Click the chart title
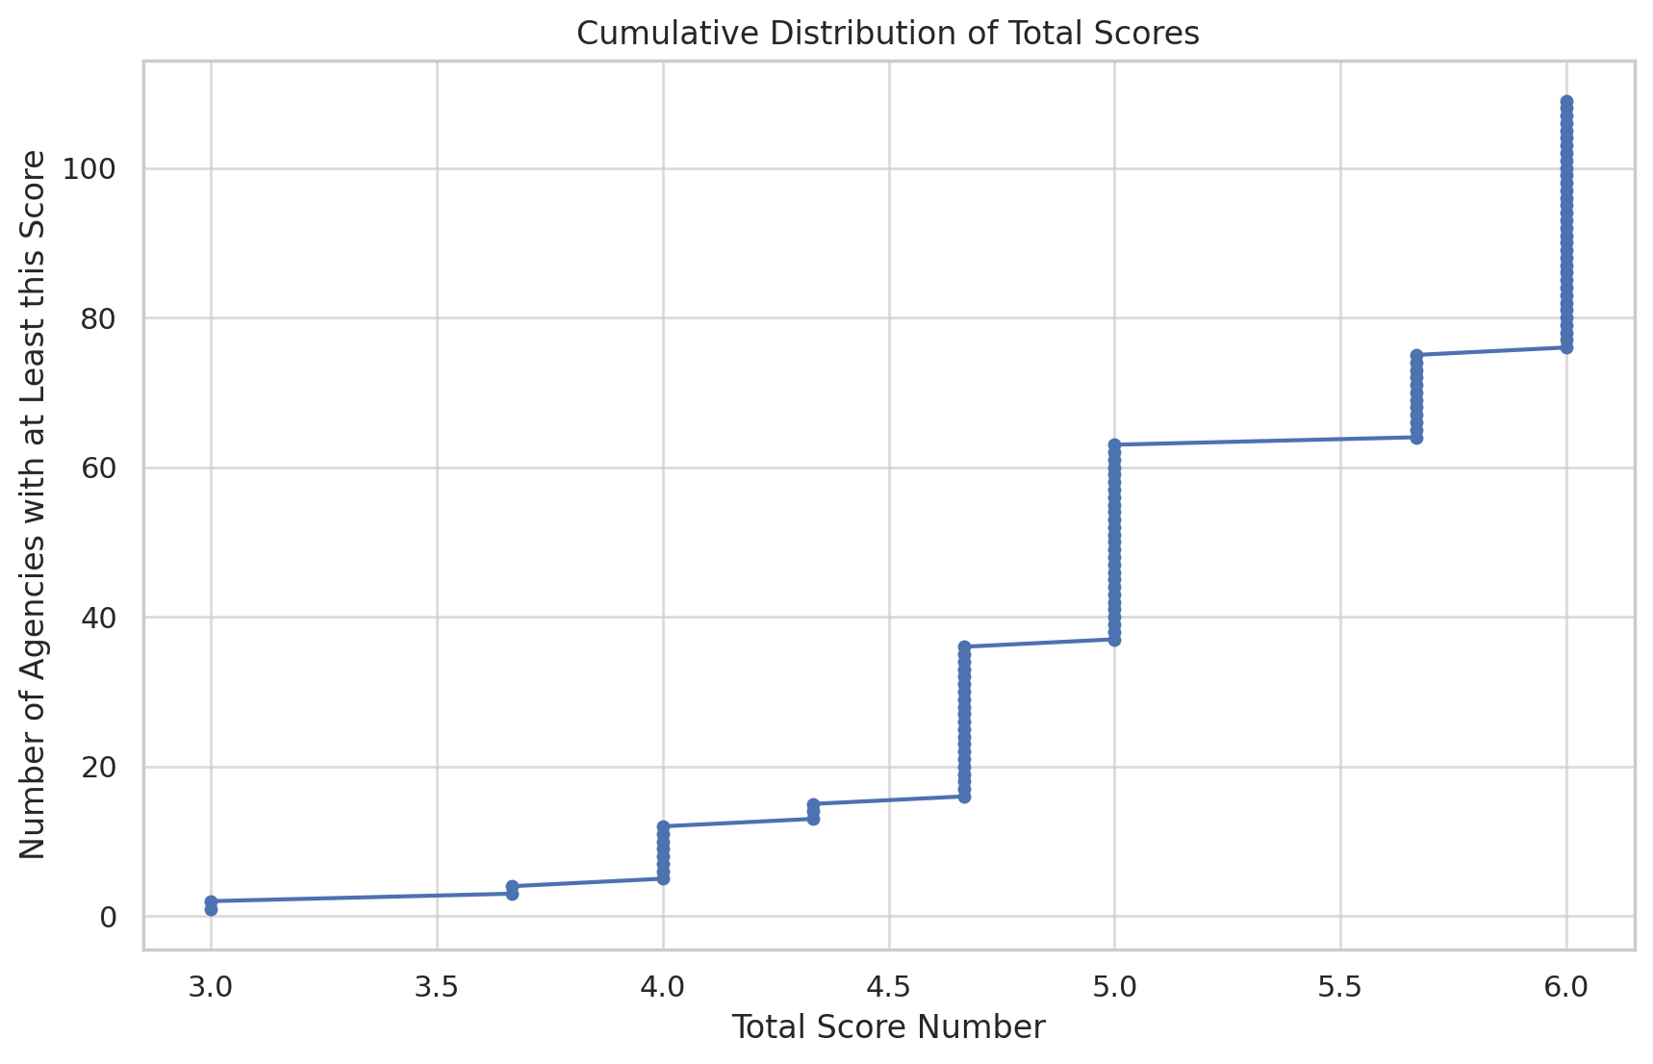point(887,34)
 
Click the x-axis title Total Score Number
point(887,1027)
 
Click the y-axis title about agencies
point(34,504)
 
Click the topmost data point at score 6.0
point(1566,101)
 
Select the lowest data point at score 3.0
point(211,909)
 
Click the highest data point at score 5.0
point(1114,445)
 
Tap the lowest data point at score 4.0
point(663,878)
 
